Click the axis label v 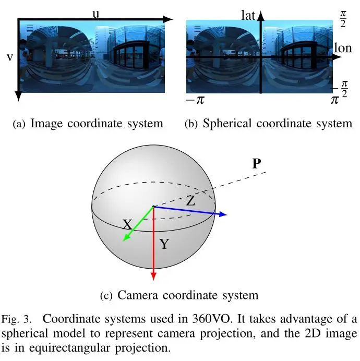(9, 57)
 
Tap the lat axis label (248, 15)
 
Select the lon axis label (343, 49)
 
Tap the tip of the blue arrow (226, 214)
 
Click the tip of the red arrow (154, 280)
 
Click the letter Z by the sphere (190, 200)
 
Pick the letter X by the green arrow (127, 225)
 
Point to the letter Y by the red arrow (164, 244)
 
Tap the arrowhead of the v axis (18, 98)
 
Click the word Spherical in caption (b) (226, 124)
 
